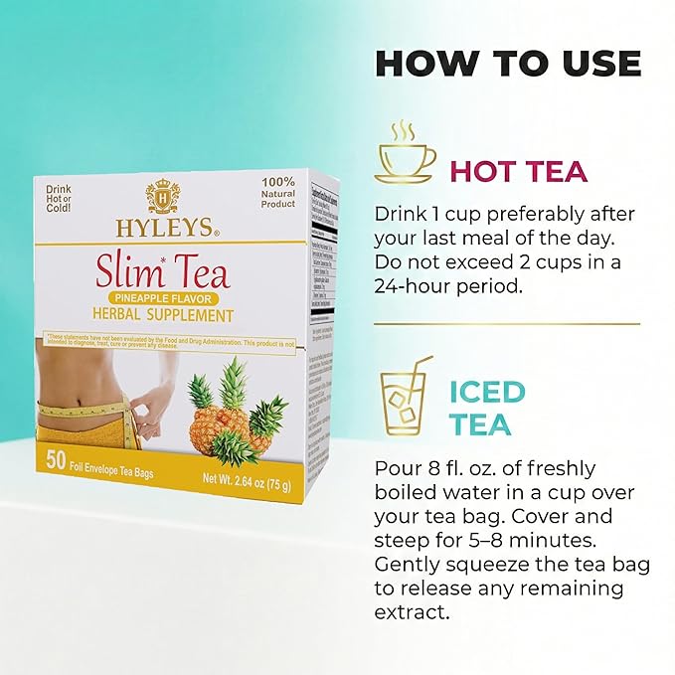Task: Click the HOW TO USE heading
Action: [508, 63]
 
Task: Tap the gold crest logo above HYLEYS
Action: [163, 194]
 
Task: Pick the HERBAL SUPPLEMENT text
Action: [165, 316]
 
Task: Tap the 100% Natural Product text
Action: [276, 191]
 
